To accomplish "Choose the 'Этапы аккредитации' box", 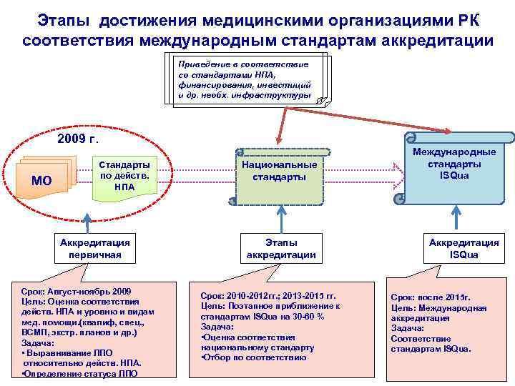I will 281,248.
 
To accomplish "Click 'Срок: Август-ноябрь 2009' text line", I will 77,292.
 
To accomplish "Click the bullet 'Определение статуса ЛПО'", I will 79,372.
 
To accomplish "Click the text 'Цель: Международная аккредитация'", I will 438,313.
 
